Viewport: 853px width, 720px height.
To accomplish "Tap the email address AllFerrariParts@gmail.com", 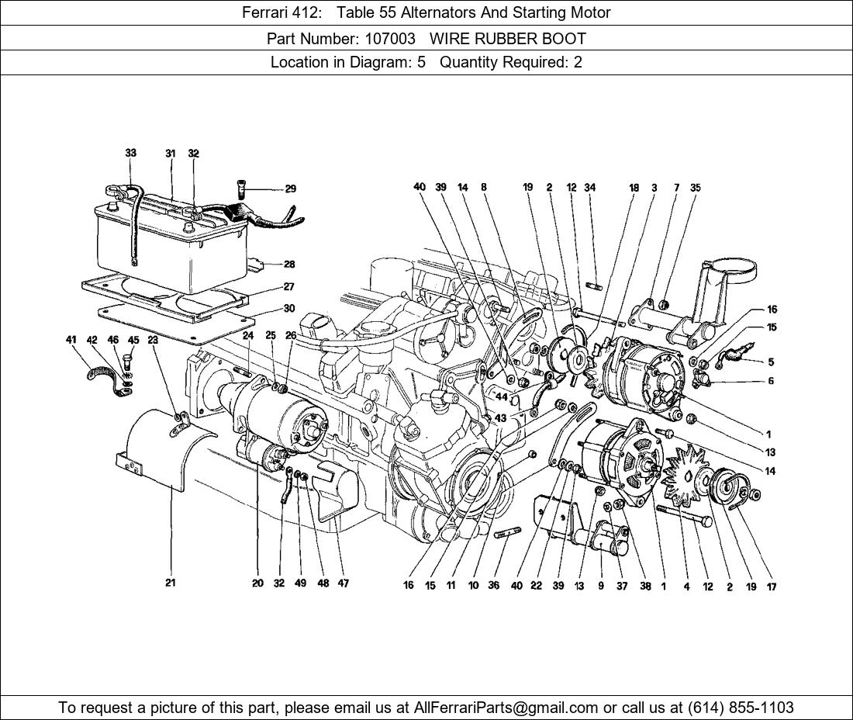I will point(506,708).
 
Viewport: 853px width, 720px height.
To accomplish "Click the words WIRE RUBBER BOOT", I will point(508,38).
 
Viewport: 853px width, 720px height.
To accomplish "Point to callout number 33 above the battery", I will point(130,153).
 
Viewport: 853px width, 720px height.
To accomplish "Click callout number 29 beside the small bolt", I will point(290,189).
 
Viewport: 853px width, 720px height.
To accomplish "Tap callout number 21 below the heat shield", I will point(170,583).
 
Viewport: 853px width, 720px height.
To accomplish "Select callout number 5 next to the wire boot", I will point(771,362).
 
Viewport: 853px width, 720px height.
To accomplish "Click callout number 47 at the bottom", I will point(343,583).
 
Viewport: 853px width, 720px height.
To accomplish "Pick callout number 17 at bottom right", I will point(771,587).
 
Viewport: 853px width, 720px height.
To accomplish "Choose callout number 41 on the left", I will point(71,340).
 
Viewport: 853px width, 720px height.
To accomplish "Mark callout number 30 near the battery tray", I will point(288,309).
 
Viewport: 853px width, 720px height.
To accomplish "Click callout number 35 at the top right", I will point(695,187).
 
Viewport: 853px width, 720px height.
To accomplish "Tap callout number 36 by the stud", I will point(493,586).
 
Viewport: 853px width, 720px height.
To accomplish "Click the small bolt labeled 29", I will point(241,188).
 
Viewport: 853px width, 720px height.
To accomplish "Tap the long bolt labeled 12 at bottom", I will point(685,517).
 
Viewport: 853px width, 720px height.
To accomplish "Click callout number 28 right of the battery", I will point(289,265).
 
